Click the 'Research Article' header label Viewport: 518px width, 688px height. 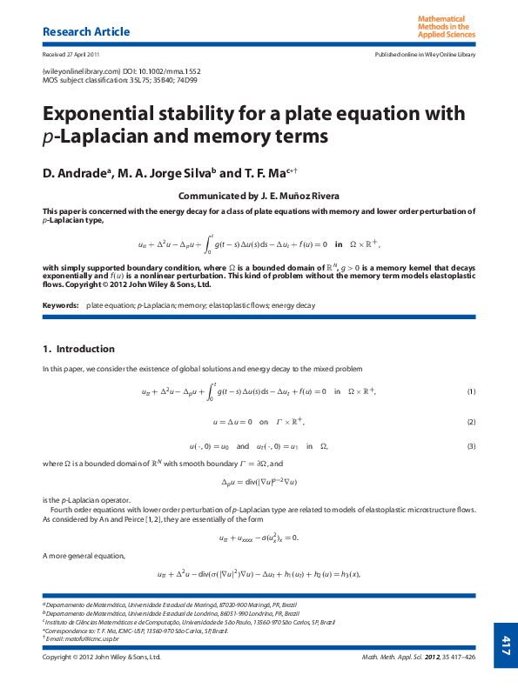pyautogui.click(x=86, y=32)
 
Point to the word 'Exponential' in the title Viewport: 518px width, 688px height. pyautogui.click(x=111, y=115)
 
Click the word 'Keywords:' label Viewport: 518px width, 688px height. pyautogui.click(x=60, y=305)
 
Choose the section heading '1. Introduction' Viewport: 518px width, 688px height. pyautogui.click(x=78, y=349)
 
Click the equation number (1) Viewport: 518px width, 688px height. pyautogui.click(x=471, y=391)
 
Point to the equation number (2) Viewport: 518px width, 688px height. pyautogui.click(x=471, y=422)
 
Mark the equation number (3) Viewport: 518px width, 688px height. pyautogui.click(x=471, y=446)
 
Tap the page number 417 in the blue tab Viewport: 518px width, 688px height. pyautogui.click(x=505, y=645)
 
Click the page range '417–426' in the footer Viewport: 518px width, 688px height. pyautogui.click(x=461, y=658)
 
